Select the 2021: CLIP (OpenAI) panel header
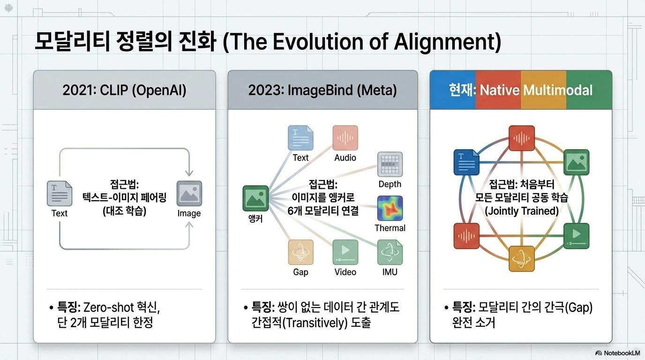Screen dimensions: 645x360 (x=124, y=90)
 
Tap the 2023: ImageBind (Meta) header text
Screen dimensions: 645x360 (x=322, y=90)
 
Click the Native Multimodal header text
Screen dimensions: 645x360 (x=536, y=90)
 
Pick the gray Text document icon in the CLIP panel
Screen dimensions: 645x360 (x=60, y=193)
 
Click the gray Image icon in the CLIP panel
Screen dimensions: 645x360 (x=189, y=193)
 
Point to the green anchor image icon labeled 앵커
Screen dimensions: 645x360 (x=255, y=198)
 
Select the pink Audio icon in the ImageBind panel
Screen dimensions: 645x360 (x=345, y=138)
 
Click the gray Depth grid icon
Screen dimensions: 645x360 (x=390, y=164)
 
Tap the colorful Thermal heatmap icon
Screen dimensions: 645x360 (x=390, y=208)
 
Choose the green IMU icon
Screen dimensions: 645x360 (x=390, y=252)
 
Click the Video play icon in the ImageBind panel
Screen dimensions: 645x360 (x=345, y=252)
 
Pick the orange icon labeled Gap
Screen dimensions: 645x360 (x=300, y=252)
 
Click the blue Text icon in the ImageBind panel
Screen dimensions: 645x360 (x=300, y=138)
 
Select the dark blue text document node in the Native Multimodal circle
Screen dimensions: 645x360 (x=466, y=162)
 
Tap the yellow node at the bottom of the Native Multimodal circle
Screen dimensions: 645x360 (x=521, y=259)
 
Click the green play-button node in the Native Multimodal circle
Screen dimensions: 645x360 (x=576, y=236)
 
